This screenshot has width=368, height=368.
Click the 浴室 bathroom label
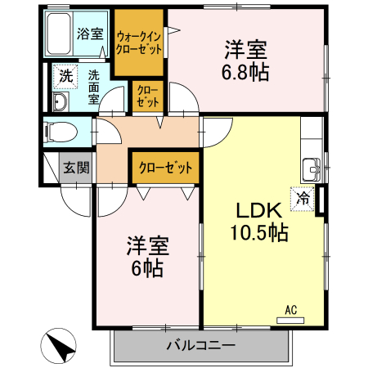tap(89, 34)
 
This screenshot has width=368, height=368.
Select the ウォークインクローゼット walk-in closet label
tap(139, 43)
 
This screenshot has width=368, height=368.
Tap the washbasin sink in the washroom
tap(60, 101)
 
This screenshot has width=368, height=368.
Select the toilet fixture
tap(59, 131)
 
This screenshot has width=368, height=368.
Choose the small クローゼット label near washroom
tap(148, 96)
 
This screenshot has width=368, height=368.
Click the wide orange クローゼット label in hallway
tap(166, 168)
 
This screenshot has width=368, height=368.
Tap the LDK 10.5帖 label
tap(260, 220)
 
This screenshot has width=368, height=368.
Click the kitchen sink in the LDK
tap(312, 169)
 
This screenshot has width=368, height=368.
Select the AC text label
tap(289, 309)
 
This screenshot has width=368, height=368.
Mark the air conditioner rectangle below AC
tap(289, 320)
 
